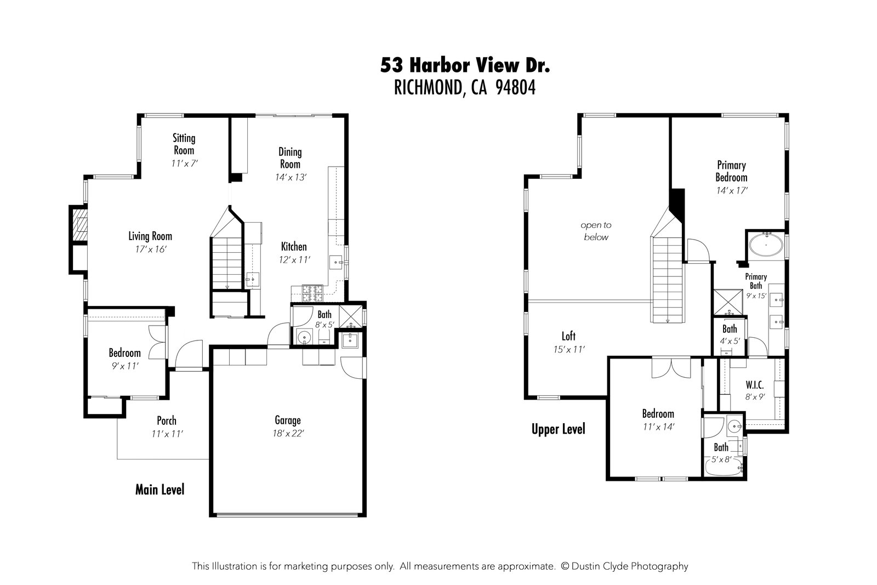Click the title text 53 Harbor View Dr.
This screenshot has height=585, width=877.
click(x=465, y=66)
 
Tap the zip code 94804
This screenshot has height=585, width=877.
click(x=515, y=88)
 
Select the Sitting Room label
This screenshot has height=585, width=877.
click(x=184, y=144)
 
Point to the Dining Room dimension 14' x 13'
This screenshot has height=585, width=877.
click(x=291, y=177)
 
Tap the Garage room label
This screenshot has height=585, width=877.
click(x=288, y=421)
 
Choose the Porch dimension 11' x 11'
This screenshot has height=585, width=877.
click(x=167, y=434)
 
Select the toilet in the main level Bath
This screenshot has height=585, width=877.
click(x=303, y=336)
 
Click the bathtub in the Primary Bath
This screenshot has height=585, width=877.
click(x=766, y=245)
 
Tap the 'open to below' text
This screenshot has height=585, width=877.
click(x=596, y=231)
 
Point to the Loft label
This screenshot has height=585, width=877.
click(x=568, y=336)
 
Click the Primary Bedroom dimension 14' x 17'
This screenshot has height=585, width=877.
click(x=732, y=190)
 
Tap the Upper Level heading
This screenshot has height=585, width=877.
click(x=558, y=429)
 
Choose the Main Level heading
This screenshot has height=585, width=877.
click(x=160, y=489)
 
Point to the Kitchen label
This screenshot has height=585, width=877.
click(x=294, y=247)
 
